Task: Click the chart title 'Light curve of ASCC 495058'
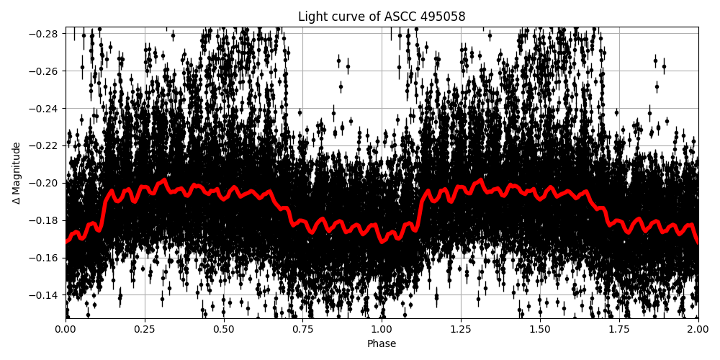(382, 17)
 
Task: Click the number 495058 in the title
(444, 17)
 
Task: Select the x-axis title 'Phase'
(382, 344)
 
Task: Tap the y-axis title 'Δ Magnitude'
(17, 173)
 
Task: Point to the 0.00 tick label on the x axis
(66, 329)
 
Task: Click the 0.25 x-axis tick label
(145, 329)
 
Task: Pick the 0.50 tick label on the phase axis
(224, 329)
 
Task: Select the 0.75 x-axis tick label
(302, 329)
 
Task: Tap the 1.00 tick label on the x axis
(382, 329)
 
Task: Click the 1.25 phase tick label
(461, 329)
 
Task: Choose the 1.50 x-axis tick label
(540, 329)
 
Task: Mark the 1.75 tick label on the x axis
(619, 329)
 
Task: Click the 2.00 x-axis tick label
(698, 329)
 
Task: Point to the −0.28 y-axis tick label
(45, 34)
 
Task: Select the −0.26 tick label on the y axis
(45, 71)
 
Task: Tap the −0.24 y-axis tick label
(45, 109)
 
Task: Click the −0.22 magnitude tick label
(45, 145)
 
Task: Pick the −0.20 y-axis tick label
(45, 183)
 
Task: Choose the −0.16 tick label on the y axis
(45, 258)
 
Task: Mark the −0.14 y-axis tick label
(45, 295)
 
